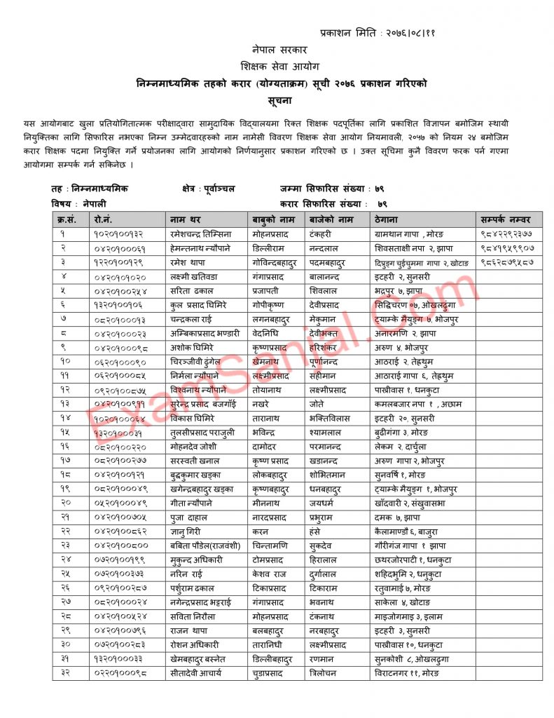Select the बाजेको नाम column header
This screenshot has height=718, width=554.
(x=331, y=219)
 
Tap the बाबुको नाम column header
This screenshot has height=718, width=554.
(x=272, y=219)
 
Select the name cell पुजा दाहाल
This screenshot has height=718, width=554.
(x=187, y=517)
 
